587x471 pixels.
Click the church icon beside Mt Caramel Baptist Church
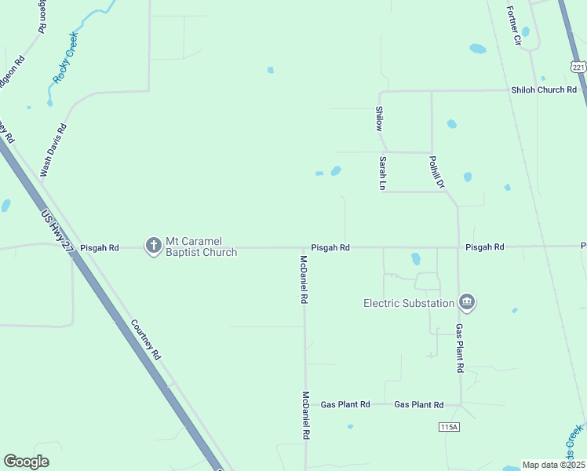click(153, 246)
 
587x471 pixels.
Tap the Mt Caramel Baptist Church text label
click(201, 246)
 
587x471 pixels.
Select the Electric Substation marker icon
click(466, 302)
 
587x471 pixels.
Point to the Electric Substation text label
click(409, 303)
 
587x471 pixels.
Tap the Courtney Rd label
click(145, 339)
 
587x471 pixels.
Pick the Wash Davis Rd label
click(54, 148)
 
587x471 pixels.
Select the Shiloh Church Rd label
click(544, 89)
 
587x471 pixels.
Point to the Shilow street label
click(379, 119)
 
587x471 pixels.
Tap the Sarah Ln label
click(383, 173)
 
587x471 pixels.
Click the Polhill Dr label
click(436, 173)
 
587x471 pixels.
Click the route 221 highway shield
click(579, 68)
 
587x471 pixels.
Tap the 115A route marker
click(448, 426)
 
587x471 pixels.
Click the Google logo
click(27, 462)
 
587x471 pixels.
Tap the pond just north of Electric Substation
click(416, 258)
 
